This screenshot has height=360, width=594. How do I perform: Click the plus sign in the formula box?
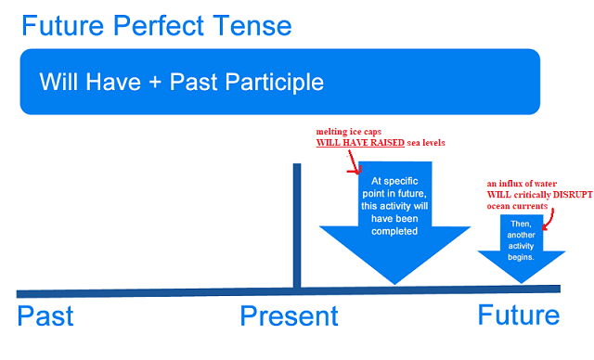coord(152,82)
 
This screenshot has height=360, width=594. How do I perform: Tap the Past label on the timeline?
coord(45,315)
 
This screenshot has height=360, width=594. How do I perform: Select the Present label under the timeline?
coord(289,316)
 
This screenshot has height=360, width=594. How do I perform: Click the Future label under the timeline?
coord(519,315)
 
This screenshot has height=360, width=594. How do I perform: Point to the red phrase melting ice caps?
coord(350,133)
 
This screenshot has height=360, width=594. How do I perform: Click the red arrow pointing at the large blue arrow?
coord(353,165)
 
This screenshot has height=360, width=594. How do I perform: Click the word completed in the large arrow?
coord(395,231)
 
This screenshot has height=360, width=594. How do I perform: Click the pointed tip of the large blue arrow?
coord(395,281)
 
